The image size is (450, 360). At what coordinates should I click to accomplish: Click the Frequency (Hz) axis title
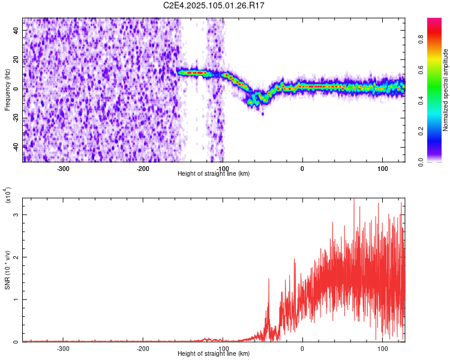pos(7,90)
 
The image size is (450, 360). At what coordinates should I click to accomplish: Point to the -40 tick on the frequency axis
pos(16,146)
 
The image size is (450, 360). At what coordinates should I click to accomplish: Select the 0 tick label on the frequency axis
pos(16,88)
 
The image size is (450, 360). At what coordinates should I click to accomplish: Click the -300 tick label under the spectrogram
pos(64,168)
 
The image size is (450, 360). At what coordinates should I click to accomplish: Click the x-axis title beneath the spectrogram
pos(214,174)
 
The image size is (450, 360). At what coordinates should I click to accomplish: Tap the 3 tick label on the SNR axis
pos(16,214)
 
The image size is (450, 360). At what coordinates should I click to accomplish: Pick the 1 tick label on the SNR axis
pos(16,299)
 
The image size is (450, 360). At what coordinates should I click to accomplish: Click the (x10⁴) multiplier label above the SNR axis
pos(8,196)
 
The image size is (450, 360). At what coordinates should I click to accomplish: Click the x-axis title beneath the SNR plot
pos(214,354)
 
